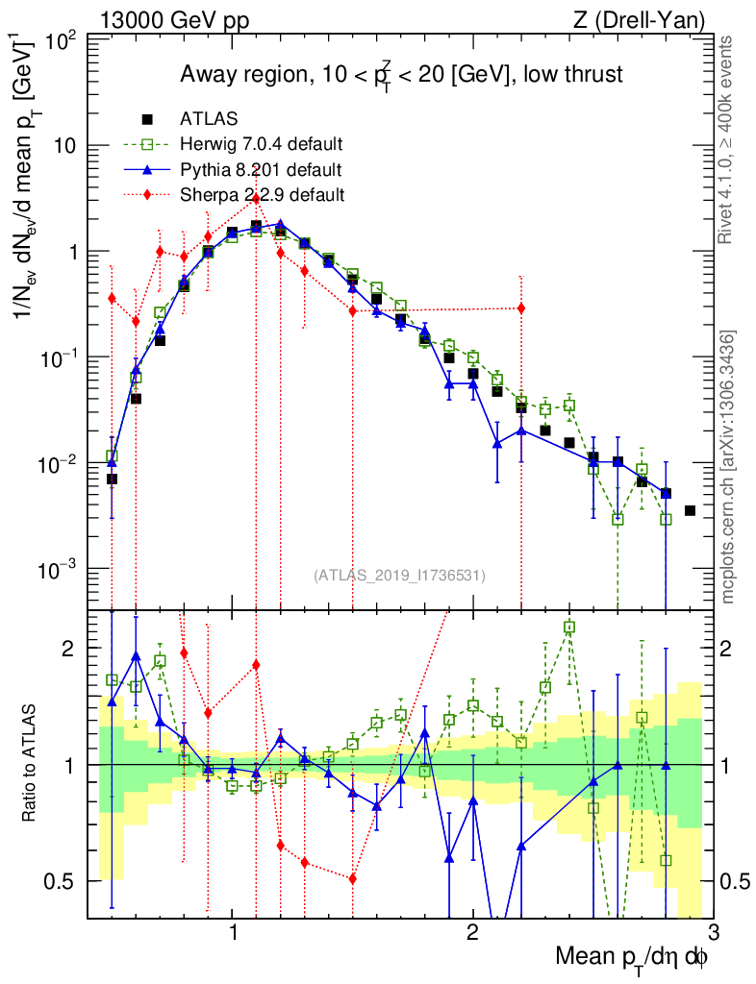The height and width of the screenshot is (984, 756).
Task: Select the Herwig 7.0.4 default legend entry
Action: click(261, 145)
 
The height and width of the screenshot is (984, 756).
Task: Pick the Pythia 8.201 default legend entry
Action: click(261, 170)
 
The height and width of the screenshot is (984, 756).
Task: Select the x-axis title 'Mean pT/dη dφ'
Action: click(633, 956)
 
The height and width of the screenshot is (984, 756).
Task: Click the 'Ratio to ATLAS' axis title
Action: click(32, 764)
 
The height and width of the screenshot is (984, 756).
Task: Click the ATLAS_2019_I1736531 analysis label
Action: click(399, 576)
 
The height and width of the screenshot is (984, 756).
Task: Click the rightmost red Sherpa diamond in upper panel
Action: click(521, 307)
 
